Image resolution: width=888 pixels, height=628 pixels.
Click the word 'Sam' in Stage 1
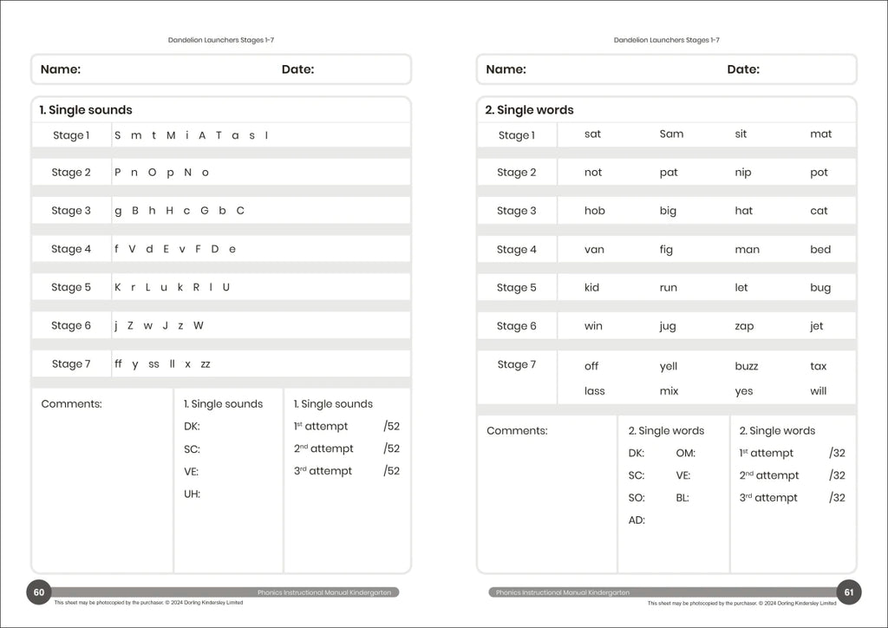click(x=671, y=134)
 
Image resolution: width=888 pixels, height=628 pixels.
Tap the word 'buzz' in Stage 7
click(x=746, y=366)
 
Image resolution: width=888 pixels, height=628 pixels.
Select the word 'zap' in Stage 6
click(x=744, y=327)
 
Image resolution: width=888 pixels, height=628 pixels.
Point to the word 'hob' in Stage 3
click(x=595, y=211)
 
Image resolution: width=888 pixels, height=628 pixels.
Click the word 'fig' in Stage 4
click(x=666, y=250)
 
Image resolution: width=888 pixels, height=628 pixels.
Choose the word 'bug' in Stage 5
click(x=819, y=288)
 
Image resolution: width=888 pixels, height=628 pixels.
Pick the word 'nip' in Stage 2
click(x=743, y=173)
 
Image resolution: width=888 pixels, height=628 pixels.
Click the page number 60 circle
click(x=38, y=593)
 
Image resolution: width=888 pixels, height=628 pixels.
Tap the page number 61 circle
click(x=849, y=593)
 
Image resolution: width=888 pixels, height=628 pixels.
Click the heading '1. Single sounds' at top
click(x=86, y=110)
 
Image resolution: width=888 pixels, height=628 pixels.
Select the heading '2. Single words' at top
click(x=529, y=110)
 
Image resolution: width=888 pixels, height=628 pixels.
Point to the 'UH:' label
click(x=192, y=494)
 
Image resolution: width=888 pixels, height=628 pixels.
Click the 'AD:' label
click(x=637, y=520)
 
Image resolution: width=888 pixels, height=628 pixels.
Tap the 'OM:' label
click(x=685, y=453)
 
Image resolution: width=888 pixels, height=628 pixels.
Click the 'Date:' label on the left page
click(x=297, y=69)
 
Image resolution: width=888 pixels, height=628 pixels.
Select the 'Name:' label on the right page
click(x=506, y=69)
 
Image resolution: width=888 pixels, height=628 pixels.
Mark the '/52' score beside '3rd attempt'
click(x=391, y=471)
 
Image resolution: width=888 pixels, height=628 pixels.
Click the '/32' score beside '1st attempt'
click(x=837, y=453)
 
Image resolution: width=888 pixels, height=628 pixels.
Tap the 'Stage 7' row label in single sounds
click(x=70, y=364)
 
